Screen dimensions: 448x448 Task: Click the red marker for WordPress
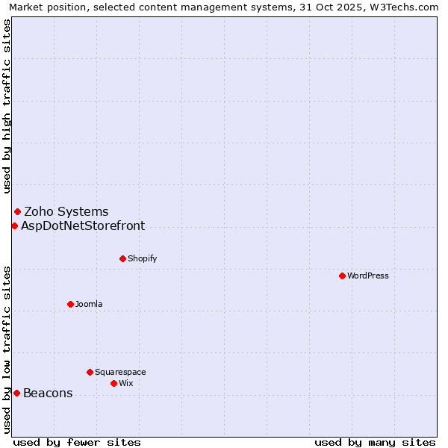342,276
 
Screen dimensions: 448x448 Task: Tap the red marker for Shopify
122,258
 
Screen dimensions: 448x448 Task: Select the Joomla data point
70,304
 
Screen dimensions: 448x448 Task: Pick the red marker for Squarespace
90,372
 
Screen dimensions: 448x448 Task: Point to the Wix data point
113,383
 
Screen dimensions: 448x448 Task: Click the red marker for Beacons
16,393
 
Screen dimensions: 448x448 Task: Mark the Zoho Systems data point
17,211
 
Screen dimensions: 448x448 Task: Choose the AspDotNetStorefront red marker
14,225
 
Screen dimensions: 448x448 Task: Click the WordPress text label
368,276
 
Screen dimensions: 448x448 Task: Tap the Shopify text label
142,258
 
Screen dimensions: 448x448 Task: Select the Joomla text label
89,304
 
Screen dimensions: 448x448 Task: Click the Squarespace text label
120,372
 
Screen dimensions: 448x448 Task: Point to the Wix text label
125,383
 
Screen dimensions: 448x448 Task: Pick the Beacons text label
48,393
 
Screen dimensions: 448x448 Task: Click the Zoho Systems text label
66,212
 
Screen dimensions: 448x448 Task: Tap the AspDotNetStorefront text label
83,226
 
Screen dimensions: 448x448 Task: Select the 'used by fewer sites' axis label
77,442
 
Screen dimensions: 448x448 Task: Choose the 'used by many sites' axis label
375,442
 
